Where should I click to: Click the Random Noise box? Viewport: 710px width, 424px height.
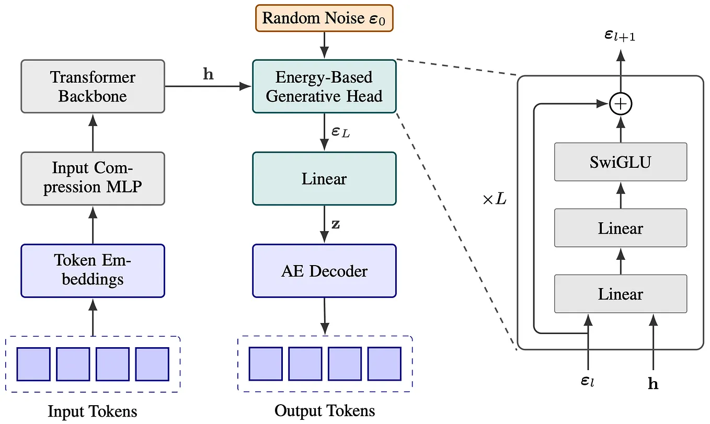point(324,18)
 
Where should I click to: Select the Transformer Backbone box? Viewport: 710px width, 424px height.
point(93,86)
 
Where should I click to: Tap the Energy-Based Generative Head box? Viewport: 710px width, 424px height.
point(324,86)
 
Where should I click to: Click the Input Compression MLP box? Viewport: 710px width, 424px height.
point(93,178)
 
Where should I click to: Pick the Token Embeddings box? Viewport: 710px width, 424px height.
point(93,270)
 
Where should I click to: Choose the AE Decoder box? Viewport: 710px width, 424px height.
point(324,270)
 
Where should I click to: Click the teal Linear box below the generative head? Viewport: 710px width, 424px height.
point(324,178)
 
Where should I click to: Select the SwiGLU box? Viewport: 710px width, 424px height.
point(620,162)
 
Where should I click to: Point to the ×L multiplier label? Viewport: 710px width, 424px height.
point(494,200)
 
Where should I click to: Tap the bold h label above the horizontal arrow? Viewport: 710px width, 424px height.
point(208,75)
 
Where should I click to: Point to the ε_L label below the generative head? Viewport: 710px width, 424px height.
point(341,132)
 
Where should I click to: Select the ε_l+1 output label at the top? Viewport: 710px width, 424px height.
point(620,36)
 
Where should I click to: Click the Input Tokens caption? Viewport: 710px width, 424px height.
point(93,411)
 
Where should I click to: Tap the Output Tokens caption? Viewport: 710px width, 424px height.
point(325,410)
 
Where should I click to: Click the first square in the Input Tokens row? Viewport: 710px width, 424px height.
point(33,364)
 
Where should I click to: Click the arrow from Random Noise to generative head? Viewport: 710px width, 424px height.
point(324,45)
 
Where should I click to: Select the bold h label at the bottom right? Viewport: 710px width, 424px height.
point(653,384)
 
